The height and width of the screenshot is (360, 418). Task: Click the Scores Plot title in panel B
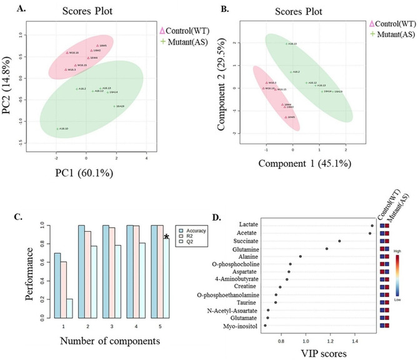294,12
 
